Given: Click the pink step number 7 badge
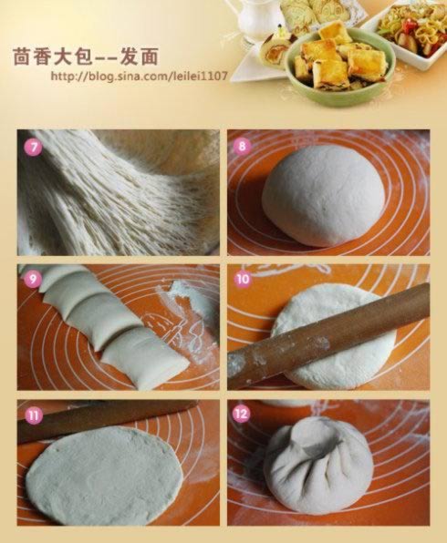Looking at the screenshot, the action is pyautogui.click(x=33, y=148).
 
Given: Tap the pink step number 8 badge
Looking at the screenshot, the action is pyautogui.click(x=242, y=146).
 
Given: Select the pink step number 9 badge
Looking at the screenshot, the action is pyautogui.click(x=33, y=279).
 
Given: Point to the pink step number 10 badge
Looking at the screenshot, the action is pyautogui.click(x=243, y=279).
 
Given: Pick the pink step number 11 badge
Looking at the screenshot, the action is pyautogui.click(x=34, y=415).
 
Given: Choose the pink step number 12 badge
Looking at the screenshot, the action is pyautogui.click(x=242, y=414).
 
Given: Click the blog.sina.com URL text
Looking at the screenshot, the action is pyautogui.click(x=140, y=76).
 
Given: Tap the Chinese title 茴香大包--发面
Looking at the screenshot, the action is pyautogui.click(x=86, y=56).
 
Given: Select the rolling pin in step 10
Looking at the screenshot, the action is pyautogui.click(x=328, y=335).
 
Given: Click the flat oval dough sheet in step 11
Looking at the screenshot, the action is pyautogui.click(x=104, y=481).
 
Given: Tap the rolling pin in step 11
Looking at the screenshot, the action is pyautogui.click(x=104, y=417).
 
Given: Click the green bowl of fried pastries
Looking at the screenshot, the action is pyautogui.click(x=339, y=67).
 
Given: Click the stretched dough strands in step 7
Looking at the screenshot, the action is pyautogui.click(x=118, y=192).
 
